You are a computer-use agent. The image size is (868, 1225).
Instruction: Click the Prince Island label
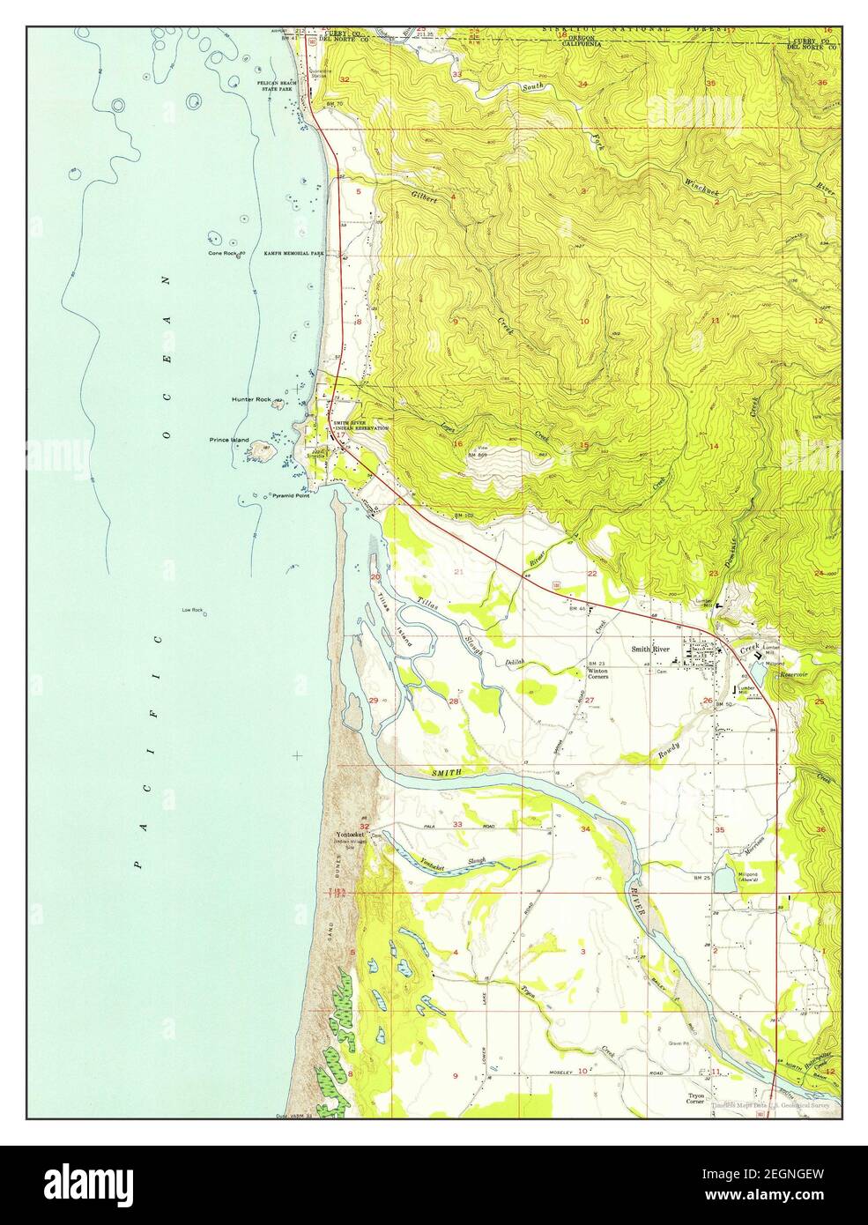[x=229, y=439]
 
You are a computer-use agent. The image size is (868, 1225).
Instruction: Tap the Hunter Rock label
[x=251, y=399]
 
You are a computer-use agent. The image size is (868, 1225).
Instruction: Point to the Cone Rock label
[x=223, y=254]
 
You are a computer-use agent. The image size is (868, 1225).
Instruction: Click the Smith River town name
[x=650, y=650]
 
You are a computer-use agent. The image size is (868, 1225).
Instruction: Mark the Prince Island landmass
[x=260, y=450]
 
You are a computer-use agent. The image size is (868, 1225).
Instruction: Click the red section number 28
[x=454, y=702]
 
